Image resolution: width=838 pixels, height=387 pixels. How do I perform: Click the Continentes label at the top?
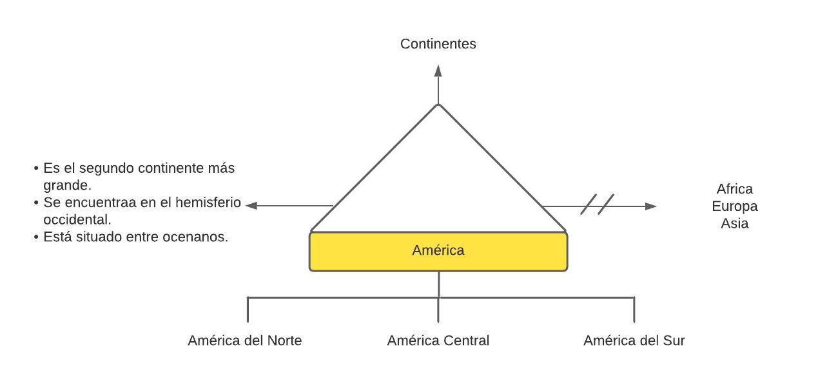438,44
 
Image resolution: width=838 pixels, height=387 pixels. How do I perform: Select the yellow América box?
438,251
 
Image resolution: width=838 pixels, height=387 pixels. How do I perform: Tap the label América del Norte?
244,341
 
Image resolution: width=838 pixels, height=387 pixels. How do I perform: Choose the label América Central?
438,341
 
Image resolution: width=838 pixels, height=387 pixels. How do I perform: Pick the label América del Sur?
634,341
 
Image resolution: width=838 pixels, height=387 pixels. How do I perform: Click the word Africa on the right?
734,189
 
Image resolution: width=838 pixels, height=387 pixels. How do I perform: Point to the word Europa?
734,206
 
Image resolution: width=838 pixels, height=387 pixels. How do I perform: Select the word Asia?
734,224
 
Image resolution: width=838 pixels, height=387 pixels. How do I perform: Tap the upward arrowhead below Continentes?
438,70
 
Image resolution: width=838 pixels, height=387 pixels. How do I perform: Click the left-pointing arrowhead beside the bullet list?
252,206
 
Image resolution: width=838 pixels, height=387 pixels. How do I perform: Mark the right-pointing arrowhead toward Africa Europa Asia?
650,206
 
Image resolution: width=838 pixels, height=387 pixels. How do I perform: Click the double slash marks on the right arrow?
597,204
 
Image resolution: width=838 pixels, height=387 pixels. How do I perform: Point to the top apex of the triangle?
438,104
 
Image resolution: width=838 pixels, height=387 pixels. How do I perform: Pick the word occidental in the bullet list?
77,219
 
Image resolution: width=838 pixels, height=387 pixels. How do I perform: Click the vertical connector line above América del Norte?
248,310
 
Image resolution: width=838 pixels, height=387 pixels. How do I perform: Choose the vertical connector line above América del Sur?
634,310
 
